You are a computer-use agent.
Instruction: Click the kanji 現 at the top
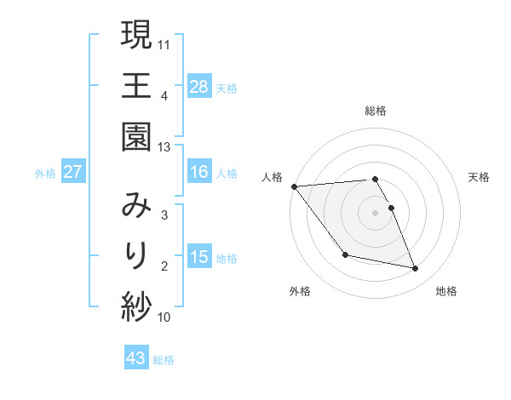(x=136, y=36)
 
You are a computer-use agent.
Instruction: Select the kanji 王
(x=136, y=86)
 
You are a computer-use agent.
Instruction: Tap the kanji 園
(x=136, y=137)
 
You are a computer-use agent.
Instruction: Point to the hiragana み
(x=136, y=204)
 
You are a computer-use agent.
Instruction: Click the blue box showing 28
(x=199, y=86)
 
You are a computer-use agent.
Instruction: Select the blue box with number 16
(x=199, y=172)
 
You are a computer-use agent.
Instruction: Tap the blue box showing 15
(x=199, y=257)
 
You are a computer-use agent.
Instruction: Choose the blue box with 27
(x=72, y=172)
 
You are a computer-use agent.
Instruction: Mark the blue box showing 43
(x=136, y=358)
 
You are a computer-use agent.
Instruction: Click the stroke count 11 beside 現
(x=165, y=44)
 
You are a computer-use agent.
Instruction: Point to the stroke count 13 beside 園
(x=165, y=147)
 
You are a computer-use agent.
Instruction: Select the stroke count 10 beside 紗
(x=165, y=317)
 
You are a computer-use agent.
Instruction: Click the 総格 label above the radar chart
(x=376, y=111)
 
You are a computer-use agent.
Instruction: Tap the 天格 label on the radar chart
(x=479, y=177)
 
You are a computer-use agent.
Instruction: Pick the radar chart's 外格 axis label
(x=300, y=291)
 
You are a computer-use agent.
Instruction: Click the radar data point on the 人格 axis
(x=294, y=186)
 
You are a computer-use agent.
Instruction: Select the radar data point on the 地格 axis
(x=416, y=269)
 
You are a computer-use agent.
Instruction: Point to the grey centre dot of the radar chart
(x=376, y=212)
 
